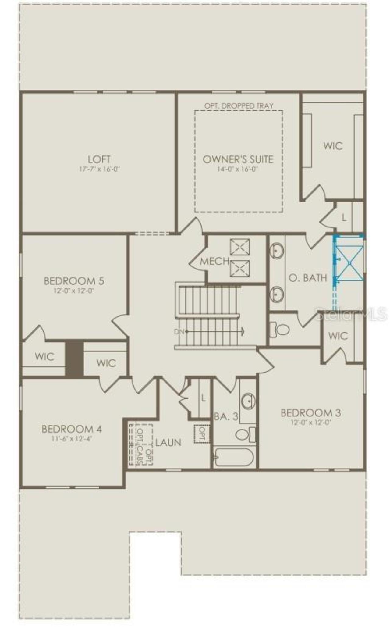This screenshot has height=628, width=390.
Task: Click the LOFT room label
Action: coord(99,159)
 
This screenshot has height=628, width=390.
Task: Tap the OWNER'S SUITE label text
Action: coord(238,159)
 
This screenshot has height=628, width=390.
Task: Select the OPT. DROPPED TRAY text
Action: coord(239,106)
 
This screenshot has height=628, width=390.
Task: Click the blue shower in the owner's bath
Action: coord(349,263)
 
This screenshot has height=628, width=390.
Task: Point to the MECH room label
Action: coord(214,261)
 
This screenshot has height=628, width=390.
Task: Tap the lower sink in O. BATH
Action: coord(277,294)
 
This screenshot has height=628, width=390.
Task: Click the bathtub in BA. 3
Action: coord(234,457)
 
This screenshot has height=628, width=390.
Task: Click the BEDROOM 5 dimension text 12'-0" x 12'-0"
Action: coord(74,291)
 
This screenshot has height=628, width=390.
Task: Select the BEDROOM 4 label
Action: coord(72,429)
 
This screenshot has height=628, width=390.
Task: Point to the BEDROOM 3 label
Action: coord(310,413)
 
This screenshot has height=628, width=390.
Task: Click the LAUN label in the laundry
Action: coord(168,442)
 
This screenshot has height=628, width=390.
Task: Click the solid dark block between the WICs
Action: coord(74,359)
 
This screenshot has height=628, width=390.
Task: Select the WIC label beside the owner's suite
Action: coord(333,146)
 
